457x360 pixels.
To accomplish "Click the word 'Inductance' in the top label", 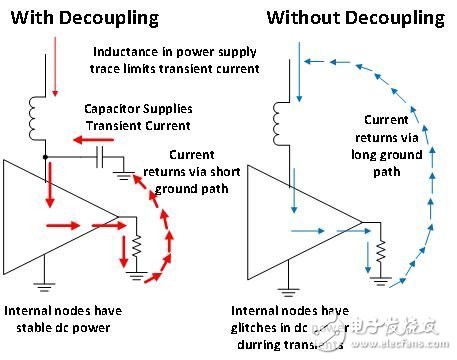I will pyautogui.click(x=127, y=52).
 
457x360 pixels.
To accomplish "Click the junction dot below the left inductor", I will pyautogui.click(x=45, y=158).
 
